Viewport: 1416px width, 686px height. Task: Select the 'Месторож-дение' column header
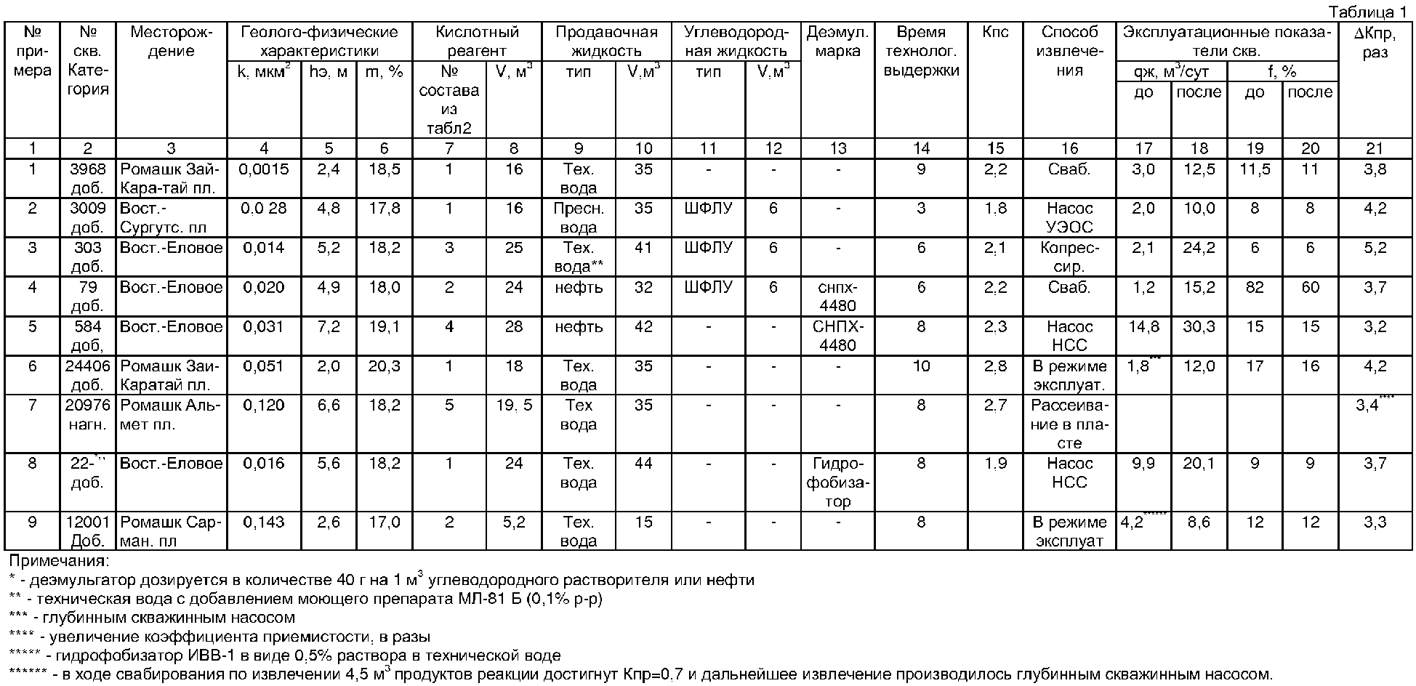pyautogui.click(x=171, y=41)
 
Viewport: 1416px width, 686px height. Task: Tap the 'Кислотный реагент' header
pyautogui.click(x=477, y=41)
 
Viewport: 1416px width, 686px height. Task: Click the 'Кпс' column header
pyautogui.click(x=995, y=33)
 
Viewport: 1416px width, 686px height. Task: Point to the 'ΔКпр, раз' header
pyautogui.click(x=1375, y=41)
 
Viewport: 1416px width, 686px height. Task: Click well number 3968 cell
pyautogui.click(x=87, y=179)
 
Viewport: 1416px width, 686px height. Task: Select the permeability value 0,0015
pyautogui.click(x=264, y=169)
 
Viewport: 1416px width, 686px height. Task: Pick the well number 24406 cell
pyautogui.click(x=87, y=375)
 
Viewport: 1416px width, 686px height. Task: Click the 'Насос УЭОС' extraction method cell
pyautogui.click(x=1069, y=218)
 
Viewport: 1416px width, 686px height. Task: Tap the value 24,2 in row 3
pyautogui.click(x=1199, y=248)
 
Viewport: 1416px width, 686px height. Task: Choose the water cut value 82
pyautogui.click(x=1255, y=287)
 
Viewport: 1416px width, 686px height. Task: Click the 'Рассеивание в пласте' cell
pyautogui.click(x=1069, y=424)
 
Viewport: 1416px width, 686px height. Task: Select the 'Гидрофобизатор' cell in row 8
pyautogui.click(x=838, y=482)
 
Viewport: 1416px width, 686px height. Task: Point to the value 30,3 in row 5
pyautogui.click(x=1199, y=326)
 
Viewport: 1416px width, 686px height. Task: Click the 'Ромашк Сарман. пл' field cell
pyautogui.click(x=171, y=531)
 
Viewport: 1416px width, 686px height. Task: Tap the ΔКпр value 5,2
pyautogui.click(x=1375, y=248)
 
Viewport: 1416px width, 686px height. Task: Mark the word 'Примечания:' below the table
pyautogui.click(x=58, y=561)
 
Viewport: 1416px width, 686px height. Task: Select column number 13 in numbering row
pyautogui.click(x=838, y=149)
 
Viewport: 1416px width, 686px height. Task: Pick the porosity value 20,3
pyautogui.click(x=384, y=366)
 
